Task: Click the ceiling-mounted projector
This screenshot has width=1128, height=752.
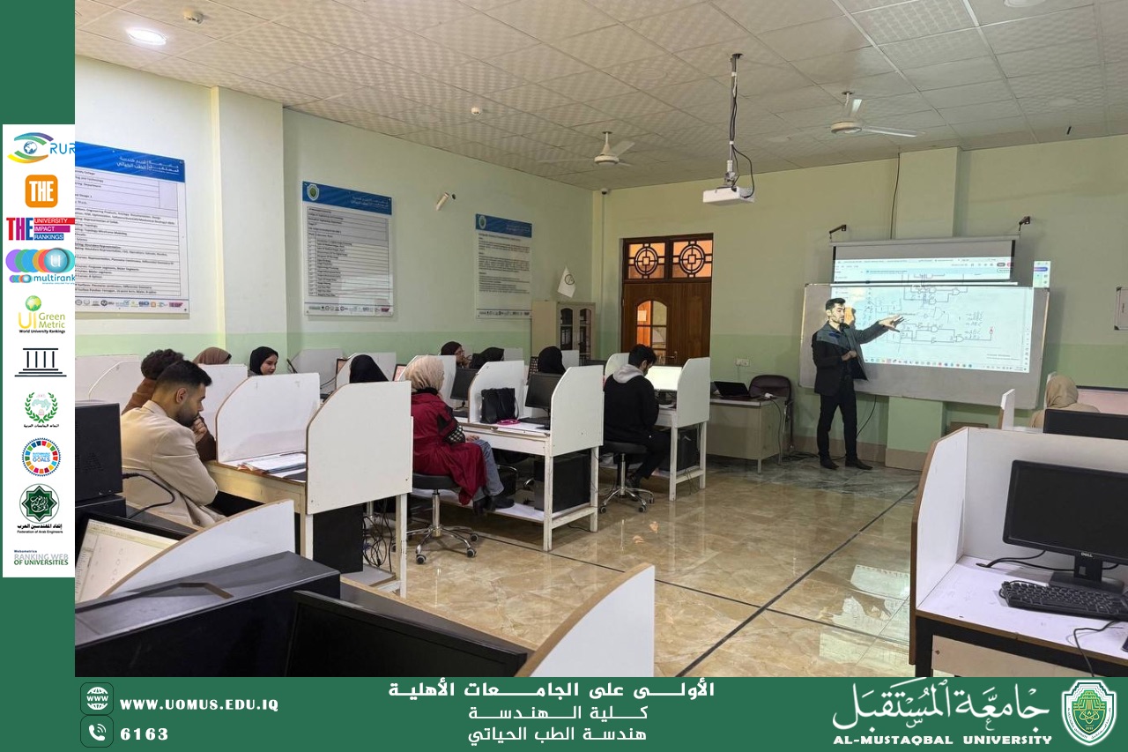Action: pos(728,194)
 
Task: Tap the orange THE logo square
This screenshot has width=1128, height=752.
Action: pos(41,190)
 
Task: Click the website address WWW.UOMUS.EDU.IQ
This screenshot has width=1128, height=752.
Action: pos(198,704)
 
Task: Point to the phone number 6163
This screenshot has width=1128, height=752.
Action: pos(145,733)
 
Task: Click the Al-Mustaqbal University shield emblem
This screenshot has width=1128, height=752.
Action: pos(1088,712)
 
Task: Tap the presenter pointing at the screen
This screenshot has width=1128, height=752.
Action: pos(839,379)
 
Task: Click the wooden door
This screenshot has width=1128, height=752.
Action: pos(666,300)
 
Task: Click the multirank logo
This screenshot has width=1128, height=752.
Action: pos(41,265)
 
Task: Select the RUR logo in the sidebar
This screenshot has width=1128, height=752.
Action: pos(41,147)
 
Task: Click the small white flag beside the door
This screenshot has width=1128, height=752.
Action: pos(567,283)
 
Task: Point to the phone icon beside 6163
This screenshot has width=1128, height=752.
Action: pos(96,732)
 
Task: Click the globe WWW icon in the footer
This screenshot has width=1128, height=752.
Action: pos(96,698)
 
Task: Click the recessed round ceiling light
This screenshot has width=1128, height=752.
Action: pos(146,36)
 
